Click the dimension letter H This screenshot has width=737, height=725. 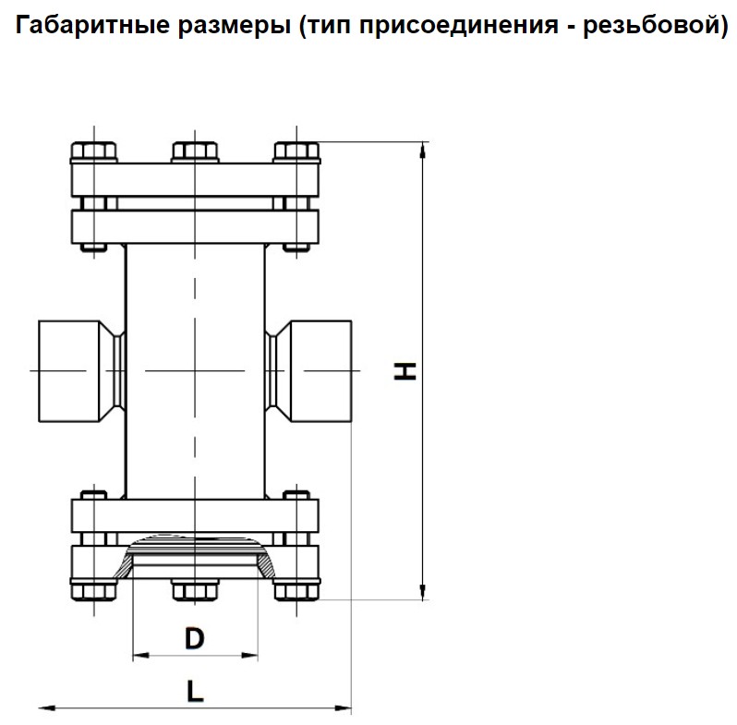point(405,371)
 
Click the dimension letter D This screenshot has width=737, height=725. point(195,638)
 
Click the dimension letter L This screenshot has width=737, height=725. point(195,691)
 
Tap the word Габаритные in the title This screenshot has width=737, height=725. point(92,24)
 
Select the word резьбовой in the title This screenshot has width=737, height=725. point(649,25)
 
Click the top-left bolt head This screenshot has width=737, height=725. point(94,151)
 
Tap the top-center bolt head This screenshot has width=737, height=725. point(195,151)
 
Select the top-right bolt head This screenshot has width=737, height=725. point(296,151)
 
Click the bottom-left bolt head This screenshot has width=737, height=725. point(94,590)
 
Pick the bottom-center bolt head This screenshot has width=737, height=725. point(195,590)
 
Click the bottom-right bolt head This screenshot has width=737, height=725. point(296,590)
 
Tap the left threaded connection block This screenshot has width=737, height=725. point(69,371)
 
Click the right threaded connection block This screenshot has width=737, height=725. point(321,371)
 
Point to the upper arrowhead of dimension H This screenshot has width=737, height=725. point(423,150)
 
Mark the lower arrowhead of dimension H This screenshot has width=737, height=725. point(423,592)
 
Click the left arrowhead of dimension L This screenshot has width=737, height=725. point(47,707)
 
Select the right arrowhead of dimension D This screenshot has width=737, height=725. point(249,655)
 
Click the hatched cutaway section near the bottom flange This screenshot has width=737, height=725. point(265,565)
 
